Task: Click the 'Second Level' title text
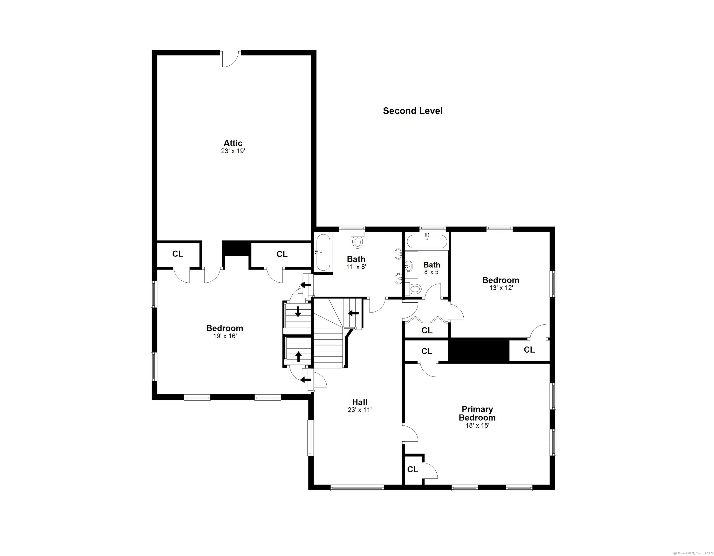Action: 412,111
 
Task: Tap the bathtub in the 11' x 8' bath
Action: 323,252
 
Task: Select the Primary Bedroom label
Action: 477,413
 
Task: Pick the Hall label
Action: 360,402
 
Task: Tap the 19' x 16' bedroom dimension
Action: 225,336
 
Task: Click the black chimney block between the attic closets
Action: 236,249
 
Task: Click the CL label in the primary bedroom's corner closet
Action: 412,469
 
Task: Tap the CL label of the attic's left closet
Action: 178,254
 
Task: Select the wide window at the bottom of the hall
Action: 357,488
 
